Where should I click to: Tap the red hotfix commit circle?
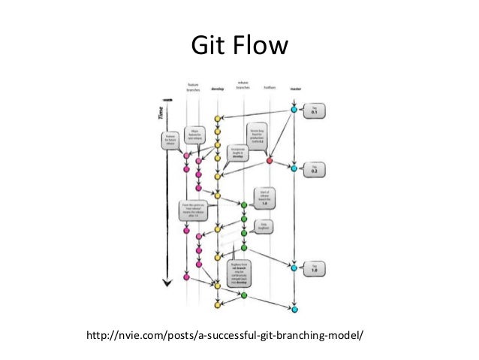(269, 160)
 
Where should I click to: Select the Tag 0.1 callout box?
(315, 113)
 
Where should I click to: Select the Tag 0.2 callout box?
(315, 169)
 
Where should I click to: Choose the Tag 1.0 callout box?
(315, 268)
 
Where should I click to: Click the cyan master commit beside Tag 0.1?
(294, 110)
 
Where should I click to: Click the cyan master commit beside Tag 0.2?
(294, 167)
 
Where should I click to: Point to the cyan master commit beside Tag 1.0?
(294, 266)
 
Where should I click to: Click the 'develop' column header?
(218, 88)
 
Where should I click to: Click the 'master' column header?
(294, 88)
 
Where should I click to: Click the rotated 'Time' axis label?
(160, 113)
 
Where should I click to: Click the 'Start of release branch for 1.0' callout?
(264, 198)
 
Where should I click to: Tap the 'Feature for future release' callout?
(168, 141)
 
